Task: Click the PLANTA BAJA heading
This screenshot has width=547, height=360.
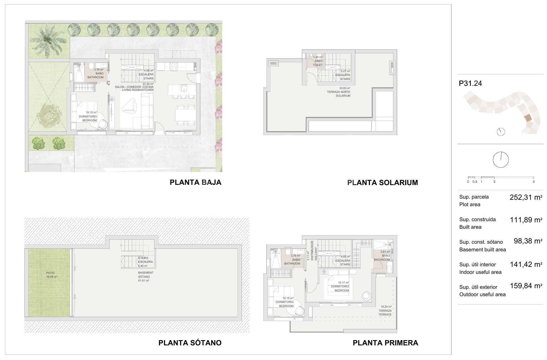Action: tap(196, 182)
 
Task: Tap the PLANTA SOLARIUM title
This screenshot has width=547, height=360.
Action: tap(383, 182)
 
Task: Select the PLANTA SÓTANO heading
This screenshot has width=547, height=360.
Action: tap(190, 343)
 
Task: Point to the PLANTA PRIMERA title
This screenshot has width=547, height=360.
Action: tap(385, 343)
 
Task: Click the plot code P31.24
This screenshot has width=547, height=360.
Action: tap(470, 83)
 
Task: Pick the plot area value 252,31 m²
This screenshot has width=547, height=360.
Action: tap(526, 197)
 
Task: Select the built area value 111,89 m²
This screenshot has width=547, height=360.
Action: tap(526, 220)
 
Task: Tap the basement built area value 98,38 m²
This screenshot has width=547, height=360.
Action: tap(528, 241)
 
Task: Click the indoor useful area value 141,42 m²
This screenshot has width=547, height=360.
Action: tap(526, 265)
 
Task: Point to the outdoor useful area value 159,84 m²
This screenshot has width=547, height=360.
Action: tap(526, 286)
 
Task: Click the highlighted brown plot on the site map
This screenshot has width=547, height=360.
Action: tap(527, 118)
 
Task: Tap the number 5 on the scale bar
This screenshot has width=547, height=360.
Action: tap(534, 182)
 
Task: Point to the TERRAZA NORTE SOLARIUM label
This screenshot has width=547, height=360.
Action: tap(339, 92)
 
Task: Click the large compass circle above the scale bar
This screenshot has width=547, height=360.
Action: tap(501, 160)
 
